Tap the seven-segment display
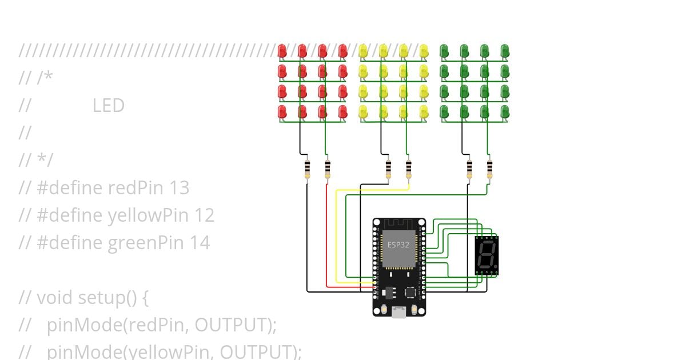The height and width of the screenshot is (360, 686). pos(486,255)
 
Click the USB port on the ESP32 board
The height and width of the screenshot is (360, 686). pos(398,312)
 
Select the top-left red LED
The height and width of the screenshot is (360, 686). pos(282,51)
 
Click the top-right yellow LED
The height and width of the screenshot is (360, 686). pos(424,51)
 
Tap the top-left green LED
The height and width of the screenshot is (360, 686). pos(444,51)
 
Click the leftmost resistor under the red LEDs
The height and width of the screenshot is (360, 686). pos(308,168)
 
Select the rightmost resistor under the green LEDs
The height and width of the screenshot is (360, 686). pos(489,168)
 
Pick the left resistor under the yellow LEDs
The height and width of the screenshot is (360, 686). pos(389,168)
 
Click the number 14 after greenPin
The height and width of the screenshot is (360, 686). pos(200,243)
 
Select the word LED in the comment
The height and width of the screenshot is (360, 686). pos(108,106)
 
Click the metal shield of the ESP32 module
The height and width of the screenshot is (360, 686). pos(398,249)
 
